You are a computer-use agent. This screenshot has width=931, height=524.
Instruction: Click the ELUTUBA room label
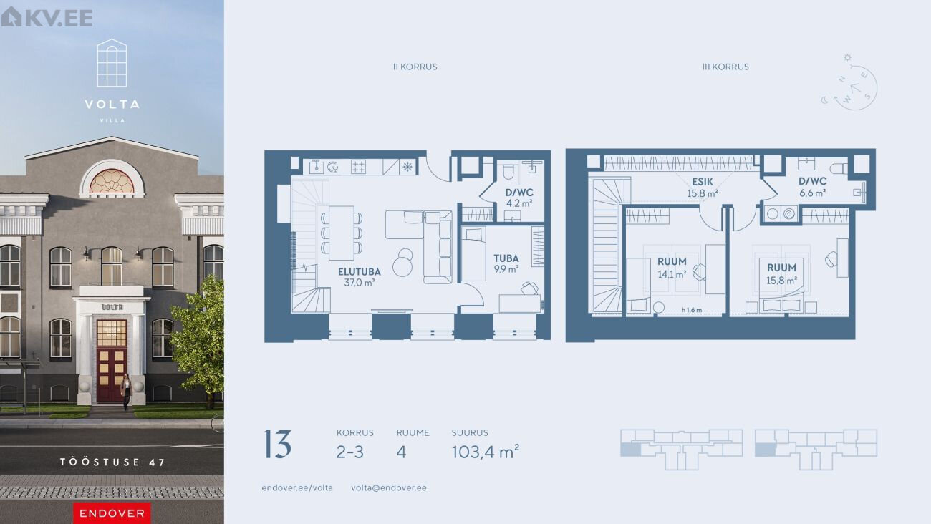(359, 272)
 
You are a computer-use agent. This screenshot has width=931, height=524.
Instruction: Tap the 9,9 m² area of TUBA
(506, 269)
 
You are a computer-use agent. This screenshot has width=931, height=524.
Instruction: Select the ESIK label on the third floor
(703, 182)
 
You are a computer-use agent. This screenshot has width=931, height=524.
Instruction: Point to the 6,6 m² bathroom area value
(812, 193)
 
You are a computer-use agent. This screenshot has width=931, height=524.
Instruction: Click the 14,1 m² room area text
(672, 274)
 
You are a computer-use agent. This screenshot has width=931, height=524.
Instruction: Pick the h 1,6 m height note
(692, 310)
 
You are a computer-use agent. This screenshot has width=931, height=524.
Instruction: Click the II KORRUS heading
(415, 67)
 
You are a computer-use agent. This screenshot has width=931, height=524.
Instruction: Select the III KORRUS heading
(725, 67)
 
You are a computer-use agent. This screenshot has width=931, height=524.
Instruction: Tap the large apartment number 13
(278, 445)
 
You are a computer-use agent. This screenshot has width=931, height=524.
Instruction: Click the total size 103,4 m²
(486, 452)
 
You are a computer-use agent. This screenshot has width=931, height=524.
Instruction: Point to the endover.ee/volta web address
(297, 487)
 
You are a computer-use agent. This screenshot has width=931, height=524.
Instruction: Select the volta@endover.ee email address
(389, 487)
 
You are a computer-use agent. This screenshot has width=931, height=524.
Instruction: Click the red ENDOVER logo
(112, 513)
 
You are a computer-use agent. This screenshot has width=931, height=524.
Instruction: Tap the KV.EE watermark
(47, 17)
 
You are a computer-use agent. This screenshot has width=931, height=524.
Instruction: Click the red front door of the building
(112, 361)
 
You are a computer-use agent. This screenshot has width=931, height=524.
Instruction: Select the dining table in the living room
(341, 233)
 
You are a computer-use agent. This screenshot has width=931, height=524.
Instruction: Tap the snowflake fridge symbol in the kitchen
(407, 167)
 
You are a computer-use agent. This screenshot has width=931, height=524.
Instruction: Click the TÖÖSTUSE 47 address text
(112, 462)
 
